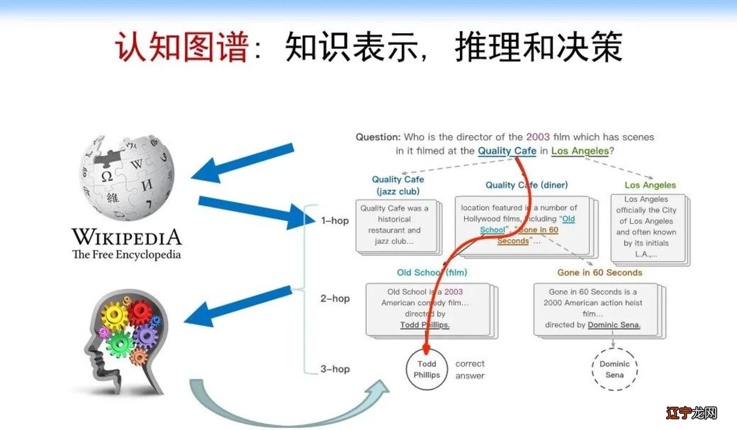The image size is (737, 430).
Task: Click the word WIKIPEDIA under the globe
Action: tap(126, 237)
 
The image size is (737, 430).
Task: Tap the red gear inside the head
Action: tap(140, 313)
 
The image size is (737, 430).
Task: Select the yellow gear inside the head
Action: tap(114, 317)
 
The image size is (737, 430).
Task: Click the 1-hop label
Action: tap(335, 221)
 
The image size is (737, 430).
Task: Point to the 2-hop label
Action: tap(335, 298)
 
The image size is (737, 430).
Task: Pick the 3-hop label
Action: tap(335, 369)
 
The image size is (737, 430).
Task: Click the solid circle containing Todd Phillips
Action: tap(427, 369)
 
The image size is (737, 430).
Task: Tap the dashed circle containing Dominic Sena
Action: tap(614, 369)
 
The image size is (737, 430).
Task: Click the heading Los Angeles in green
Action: tap(650, 185)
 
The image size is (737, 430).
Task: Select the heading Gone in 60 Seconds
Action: tap(600, 273)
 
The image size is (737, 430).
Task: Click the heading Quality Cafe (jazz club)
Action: tap(398, 185)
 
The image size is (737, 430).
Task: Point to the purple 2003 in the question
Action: tap(537, 137)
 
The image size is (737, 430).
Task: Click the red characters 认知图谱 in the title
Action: tap(182, 46)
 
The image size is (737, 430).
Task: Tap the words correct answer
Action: tap(470, 369)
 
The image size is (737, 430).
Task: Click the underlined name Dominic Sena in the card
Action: tap(614, 325)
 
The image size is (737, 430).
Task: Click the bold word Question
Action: tap(378, 137)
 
